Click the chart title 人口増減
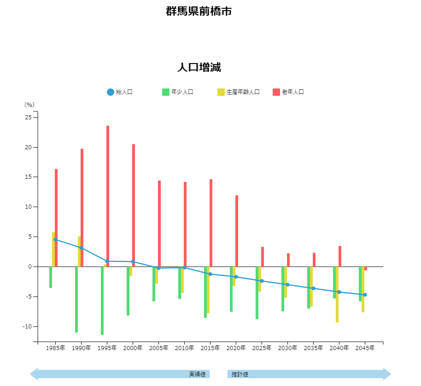tap(199, 67)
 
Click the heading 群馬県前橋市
tap(199, 11)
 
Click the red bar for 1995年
tap(108, 196)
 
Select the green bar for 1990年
tap(76, 299)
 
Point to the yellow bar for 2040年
tap(337, 294)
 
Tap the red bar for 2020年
tap(237, 231)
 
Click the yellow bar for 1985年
tap(53, 249)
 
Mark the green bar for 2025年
tap(257, 292)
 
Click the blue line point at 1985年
tap(56, 240)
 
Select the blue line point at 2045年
tap(365, 295)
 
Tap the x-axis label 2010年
tap(184, 348)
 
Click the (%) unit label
tap(29, 105)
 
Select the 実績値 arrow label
tap(197, 374)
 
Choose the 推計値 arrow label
tap(240, 374)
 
